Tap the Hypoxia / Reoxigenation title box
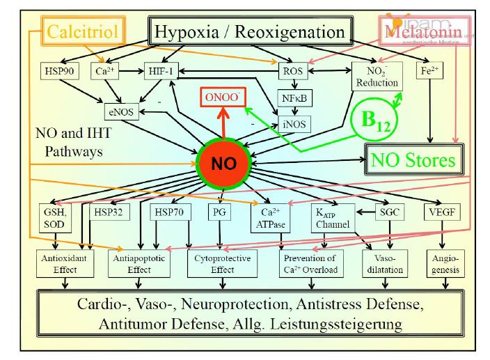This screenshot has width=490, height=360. point(249,31)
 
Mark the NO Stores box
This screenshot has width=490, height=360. point(412,162)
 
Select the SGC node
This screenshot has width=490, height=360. point(388,212)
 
